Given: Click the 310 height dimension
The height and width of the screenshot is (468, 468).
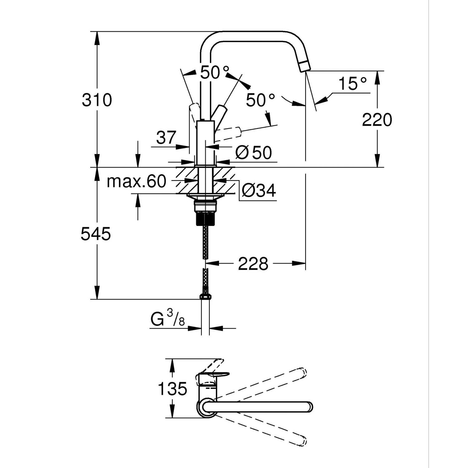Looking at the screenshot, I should pyautogui.click(x=97, y=100).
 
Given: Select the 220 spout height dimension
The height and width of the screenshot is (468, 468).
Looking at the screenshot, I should pyautogui.click(x=377, y=120).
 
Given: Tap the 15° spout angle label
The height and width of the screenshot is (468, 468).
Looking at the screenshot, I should pyautogui.click(x=352, y=83).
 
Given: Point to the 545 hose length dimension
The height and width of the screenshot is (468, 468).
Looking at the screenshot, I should pyautogui.click(x=95, y=234).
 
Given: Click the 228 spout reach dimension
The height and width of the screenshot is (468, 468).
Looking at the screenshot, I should pyautogui.click(x=253, y=264).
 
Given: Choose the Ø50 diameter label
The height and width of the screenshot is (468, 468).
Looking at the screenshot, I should pyautogui.click(x=254, y=153).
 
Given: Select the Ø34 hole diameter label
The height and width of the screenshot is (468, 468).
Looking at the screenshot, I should pyautogui.click(x=259, y=190).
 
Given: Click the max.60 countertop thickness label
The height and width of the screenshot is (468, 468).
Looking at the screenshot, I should pyautogui.click(x=136, y=181).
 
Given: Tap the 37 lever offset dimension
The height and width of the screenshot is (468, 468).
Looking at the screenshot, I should pyautogui.click(x=166, y=137).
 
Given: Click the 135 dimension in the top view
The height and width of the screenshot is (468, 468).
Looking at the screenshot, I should pyautogui.click(x=172, y=389).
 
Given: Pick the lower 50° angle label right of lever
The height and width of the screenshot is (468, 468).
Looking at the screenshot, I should pyautogui.click(x=260, y=100).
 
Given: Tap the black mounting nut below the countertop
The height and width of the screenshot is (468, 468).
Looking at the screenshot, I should pyautogui.click(x=205, y=218).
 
